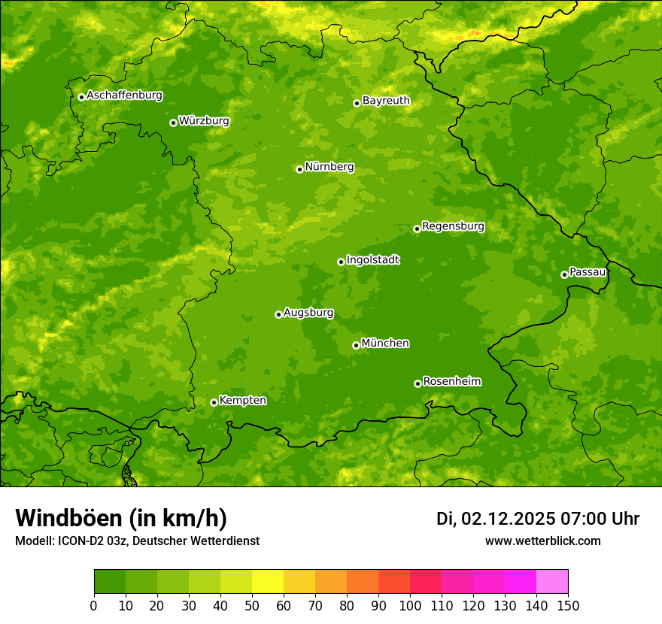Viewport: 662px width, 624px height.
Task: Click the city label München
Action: [x=385, y=344]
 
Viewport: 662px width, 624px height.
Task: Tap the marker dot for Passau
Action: [x=564, y=274]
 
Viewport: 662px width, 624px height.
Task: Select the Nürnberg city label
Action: [x=329, y=167]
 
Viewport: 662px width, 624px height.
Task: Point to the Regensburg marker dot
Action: [x=417, y=229]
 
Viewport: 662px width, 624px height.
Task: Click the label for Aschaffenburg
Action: [x=124, y=95]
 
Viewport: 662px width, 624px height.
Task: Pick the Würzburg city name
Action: [x=204, y=121]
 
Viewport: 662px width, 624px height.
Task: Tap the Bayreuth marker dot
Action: [x=357, y=103]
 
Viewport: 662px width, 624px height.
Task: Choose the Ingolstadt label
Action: [x=372, y=260]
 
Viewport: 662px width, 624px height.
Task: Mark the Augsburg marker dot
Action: [x=278, y=314]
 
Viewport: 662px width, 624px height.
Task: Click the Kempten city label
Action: [x=242, y=401]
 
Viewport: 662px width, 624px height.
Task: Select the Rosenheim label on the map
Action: [x=452, y=382]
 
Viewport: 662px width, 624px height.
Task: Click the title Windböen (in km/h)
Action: [x=121, y=519]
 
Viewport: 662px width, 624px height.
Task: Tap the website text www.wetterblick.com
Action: [x=542, y=541]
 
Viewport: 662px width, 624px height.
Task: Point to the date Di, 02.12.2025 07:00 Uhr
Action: [x=538, y=519]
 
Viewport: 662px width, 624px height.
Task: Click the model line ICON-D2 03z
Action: [x=137, y=541]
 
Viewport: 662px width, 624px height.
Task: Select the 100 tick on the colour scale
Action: [x=410, y=605]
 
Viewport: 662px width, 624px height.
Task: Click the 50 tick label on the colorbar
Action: [x=252, y=605]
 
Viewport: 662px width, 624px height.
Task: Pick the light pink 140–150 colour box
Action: [x=552, y=582]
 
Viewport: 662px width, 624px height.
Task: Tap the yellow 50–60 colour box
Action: [x=268, y=582]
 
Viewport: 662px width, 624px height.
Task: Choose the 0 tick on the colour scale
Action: [x=94, y=605]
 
